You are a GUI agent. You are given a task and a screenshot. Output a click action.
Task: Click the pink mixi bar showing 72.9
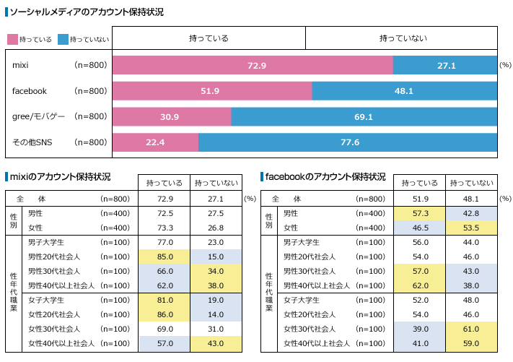(x=253, y=66)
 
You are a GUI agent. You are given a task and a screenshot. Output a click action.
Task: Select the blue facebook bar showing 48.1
(x=404, y=91)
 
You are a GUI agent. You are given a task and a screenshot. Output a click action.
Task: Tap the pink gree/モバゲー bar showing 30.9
(x=171, y=116)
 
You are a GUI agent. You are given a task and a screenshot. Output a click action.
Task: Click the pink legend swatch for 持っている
(x=12, y=39)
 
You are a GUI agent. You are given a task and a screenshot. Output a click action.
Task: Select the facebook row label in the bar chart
(x=30, y=91)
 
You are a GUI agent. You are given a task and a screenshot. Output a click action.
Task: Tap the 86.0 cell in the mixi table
(x=165, y=315)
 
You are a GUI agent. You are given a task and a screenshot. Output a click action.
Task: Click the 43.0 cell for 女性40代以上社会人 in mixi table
(x=214, y=343)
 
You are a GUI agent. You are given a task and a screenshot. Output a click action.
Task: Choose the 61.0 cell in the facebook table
(x=470, y=329)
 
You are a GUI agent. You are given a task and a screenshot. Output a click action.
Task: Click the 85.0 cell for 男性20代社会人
(x=165, y=257)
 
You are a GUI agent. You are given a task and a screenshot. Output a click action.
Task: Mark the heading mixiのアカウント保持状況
(x=58, y=177)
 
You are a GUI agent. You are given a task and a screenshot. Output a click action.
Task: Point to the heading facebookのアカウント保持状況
(x=325, y=177)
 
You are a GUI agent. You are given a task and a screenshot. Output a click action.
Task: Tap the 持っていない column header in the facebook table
(x=470, y=183)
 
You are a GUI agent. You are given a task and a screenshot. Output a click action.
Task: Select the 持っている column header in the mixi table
(x=165, y=183)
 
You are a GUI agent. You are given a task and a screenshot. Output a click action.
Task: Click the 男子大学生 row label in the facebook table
(x=306, y=242)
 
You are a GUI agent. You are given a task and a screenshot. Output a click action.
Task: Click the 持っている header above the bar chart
(x=209, y=38)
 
